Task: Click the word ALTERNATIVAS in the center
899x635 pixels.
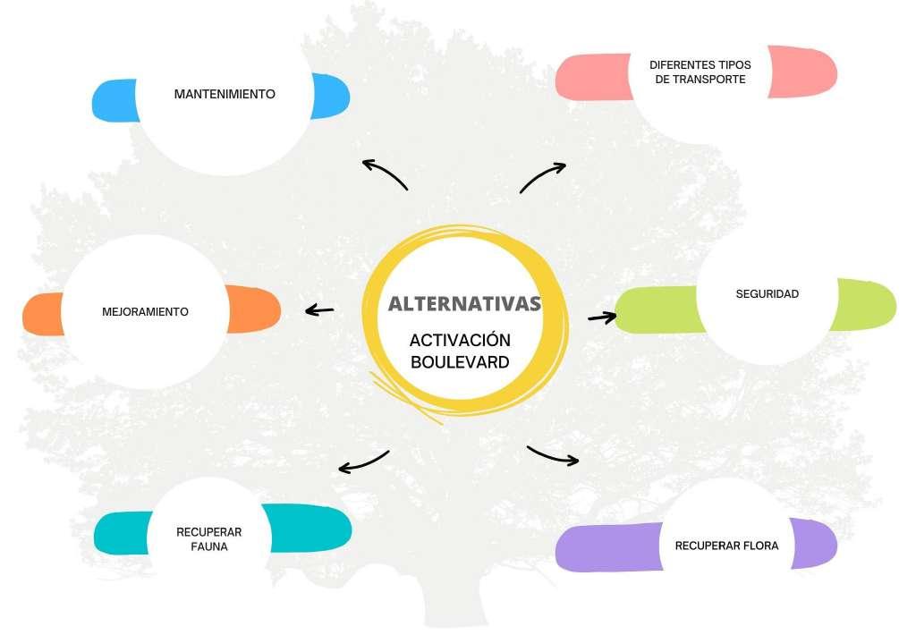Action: (x=464, y=303)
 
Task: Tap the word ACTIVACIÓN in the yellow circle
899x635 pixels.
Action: (x=460, y=341)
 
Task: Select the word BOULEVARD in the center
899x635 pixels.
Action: (x=460, y=362)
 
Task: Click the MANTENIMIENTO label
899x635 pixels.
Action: (x=225, y=94)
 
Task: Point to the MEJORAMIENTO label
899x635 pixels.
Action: (x=146, y=312)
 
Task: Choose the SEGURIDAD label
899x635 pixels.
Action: (x=767, y=293)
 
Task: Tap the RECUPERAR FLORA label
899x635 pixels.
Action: (x=726, y=546)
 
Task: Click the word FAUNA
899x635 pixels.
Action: (x=209, y=546)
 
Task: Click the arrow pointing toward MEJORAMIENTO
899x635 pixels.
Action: (x=319, y=310)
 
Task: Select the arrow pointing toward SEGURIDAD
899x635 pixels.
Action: (x=602, y=317)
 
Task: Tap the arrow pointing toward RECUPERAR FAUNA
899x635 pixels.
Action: (x=363, y=462)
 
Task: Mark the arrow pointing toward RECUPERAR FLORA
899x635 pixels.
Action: (x=553, y=455)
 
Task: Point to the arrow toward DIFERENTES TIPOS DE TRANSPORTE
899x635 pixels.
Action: (x=543, y=176)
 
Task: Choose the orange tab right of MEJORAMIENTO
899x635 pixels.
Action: (x=255, y=309)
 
